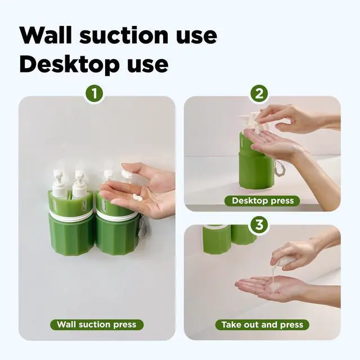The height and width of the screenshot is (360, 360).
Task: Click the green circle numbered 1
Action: (94, 94)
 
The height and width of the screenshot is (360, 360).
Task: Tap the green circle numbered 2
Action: (259, 94)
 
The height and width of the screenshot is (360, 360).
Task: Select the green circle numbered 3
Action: (259, 225)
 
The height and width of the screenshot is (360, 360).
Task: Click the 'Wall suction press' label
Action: (97, 325)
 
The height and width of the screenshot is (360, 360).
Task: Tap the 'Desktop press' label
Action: (263, 201)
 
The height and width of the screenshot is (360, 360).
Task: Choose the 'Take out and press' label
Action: (262, 325)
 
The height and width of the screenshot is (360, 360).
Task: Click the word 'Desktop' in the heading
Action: (69, 65)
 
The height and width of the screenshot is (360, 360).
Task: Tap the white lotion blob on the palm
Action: (137, 196)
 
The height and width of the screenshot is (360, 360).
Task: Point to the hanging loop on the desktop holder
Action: (278, 167)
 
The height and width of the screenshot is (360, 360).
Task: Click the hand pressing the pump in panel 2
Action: (296, 119)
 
